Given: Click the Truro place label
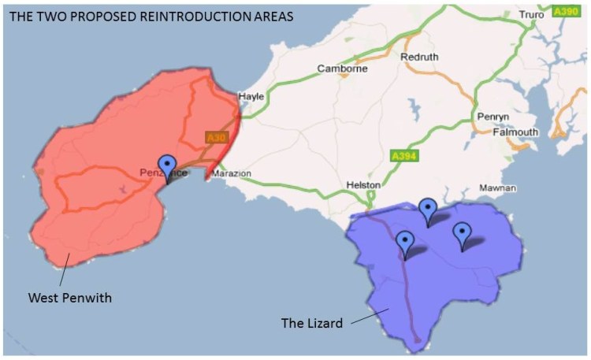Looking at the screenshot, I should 532,14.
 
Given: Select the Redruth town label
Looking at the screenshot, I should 418,58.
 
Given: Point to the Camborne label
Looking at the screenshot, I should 342,69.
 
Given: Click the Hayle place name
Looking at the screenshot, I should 251,95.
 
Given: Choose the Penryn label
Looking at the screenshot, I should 493,117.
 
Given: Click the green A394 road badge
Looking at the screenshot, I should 405,157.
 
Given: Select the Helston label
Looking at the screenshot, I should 363,185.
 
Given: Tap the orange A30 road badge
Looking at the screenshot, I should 215,138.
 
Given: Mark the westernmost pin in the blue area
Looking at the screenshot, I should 405,243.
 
